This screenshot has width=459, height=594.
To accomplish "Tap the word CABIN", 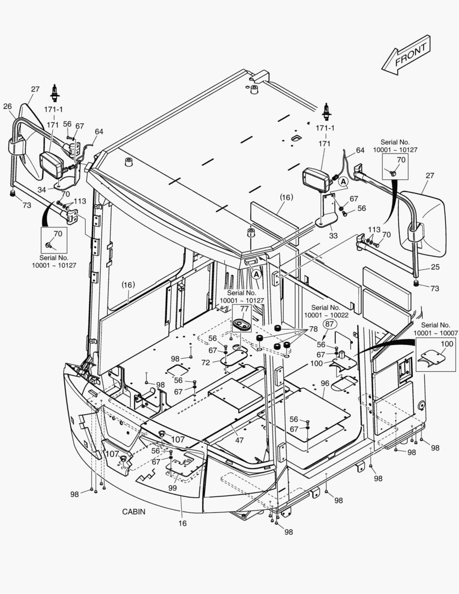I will coord(134,512).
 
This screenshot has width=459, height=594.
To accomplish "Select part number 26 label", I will coord(8,106).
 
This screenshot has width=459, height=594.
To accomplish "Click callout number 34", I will coord(42,190).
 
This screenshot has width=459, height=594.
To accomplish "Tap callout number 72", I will coord(205,363).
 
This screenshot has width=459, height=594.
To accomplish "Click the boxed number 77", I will coord(244,310).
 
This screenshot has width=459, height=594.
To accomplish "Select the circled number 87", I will coord(329,324).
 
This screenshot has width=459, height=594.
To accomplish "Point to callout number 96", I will coord(324,384).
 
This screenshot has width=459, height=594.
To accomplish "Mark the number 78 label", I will coord(313,329).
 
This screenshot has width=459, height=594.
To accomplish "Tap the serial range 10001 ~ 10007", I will coord(436,333).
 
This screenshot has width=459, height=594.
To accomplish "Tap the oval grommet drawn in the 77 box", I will coord(242,324).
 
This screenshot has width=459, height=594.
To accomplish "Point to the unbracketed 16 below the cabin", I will coord(183,523).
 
